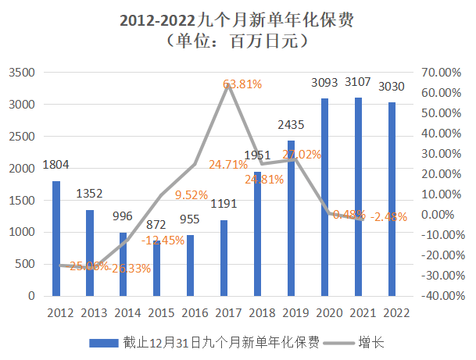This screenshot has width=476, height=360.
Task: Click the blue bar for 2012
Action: tap(56, 238)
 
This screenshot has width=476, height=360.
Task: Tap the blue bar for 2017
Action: tap(224, 258)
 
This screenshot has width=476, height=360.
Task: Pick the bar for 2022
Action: tap(392, 199)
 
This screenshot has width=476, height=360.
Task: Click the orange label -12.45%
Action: tap(163, 241)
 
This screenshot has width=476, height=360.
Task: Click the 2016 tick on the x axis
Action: tap(190, 313)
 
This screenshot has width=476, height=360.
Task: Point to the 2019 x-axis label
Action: tap(291, 313)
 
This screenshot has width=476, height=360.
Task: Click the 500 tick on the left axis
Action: tap(27, 264)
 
